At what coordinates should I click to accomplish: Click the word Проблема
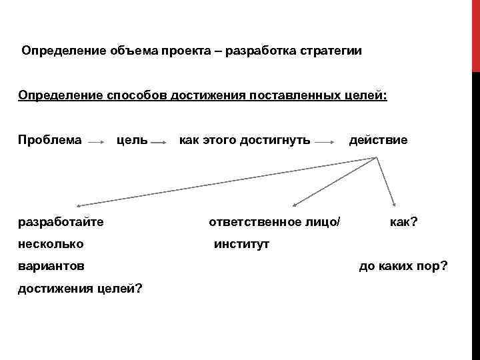pyautogui.click(x=50, y=140)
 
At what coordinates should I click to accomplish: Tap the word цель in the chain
pyautogui.click(x=132, y=140)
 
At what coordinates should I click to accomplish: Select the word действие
pyautogui.click(x=378, y=140)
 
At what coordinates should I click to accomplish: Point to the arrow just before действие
pyautogui.click(x=324, y=142)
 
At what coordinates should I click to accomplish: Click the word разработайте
pyautogui.click(x=61, y=221)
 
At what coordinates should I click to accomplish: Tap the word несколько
pyautogui.click(x=51, y=243)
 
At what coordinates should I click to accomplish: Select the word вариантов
pyautogui.click(x=51, y=266)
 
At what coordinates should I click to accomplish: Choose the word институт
pyautogui.click(x=241, y=244)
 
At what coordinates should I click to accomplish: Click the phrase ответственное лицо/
pyautogui.click(x=274, y=221)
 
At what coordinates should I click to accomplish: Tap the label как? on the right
pyautogui.click(x=404, y=221)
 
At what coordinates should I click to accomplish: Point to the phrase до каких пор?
pyautogui.click(x=403, y=266)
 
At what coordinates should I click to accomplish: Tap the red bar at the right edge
pyautogui.click(x=476, y=36)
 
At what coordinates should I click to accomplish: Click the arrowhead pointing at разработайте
pyautogui.click(x=78, y=205)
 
